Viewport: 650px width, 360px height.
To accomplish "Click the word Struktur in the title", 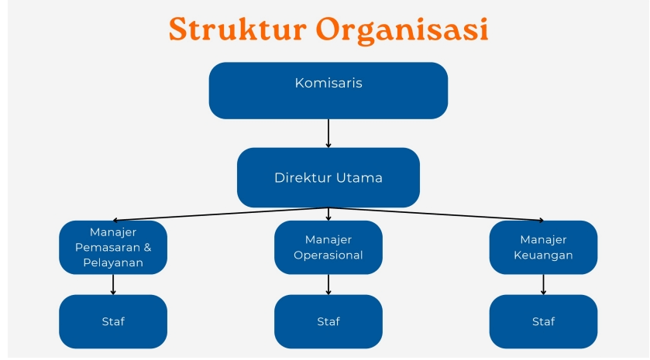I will pos(237,29).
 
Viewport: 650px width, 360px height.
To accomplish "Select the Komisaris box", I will pos(328,90).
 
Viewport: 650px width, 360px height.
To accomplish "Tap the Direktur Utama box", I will pos(328,177).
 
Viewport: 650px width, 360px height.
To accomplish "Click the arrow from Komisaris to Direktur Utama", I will pos(328,132).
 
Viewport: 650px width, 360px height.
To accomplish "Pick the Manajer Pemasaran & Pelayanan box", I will pos(113,248).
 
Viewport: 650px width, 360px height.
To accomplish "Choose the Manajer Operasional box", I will pos(328,248).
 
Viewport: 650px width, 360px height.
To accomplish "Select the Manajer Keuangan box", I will pos(543,248).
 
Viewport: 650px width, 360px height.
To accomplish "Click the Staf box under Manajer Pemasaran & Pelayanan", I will pos(113,321).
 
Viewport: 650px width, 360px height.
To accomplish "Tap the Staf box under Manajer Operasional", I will pos(328,321).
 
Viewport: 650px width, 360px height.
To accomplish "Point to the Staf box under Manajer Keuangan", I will pos(543,321).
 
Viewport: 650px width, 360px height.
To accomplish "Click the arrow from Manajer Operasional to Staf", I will pos(328,284).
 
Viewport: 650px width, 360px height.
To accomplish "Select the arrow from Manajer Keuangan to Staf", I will pos(543,284).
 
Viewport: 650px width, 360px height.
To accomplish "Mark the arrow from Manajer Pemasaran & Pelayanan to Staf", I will pos(113,284).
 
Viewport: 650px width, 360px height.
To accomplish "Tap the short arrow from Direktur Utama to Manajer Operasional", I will pos(328,214).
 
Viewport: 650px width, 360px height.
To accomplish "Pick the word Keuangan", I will pos(543,255).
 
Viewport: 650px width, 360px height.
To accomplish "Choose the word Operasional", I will pos(328,255).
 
